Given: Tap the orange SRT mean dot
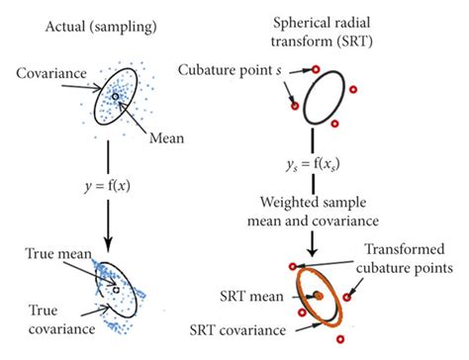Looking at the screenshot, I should click(320, 297).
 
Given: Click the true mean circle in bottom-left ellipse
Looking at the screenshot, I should click(117, 287).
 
